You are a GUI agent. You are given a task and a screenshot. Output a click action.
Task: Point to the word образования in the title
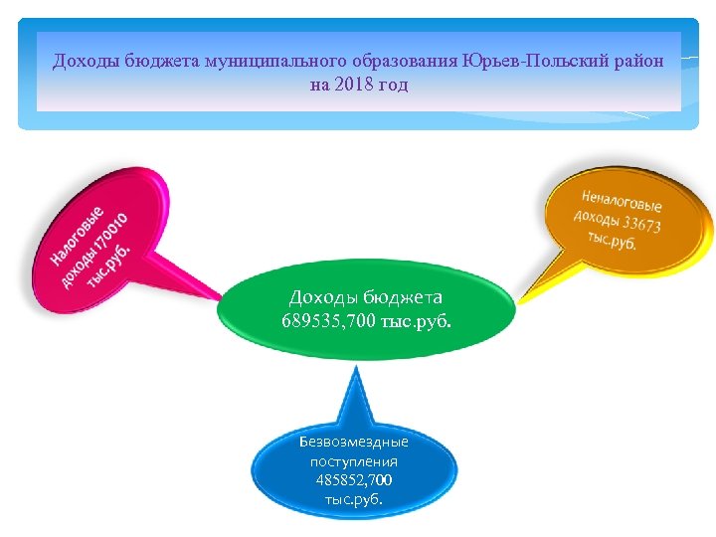tap(397, 62)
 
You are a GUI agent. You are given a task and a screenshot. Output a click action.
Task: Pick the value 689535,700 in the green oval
tap(329, 320)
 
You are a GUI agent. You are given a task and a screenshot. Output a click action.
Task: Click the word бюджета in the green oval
tap(403, 296)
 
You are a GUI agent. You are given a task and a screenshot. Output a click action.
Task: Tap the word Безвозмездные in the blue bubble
tap(354, 441)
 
